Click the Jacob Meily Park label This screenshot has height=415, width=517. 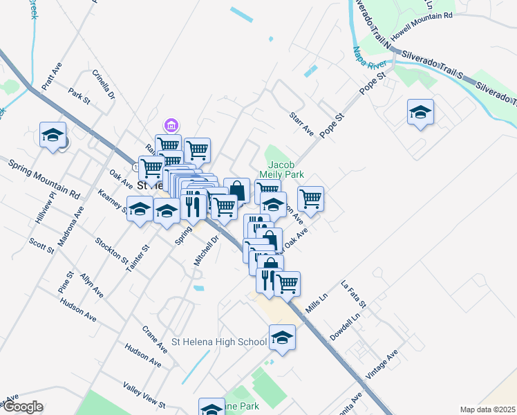pos(281,170)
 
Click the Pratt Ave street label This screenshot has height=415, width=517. pos(52,77)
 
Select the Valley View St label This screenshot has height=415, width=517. pos(144,395)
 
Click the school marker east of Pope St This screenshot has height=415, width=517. pos(420,113)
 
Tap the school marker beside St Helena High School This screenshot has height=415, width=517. pos(281,338)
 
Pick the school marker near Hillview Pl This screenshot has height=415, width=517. pos(52,136)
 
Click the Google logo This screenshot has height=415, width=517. pos(23,407)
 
